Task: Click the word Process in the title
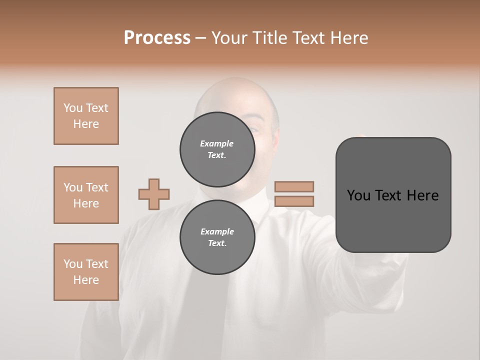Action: click(x=157, y=38)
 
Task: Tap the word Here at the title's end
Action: click(x=348, y=38)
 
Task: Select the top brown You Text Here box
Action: click(x=86, y=116)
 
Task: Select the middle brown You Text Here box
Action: click(x=86, y=195)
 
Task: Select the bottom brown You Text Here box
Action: click(x=86, y=272)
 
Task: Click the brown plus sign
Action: click(x=154, y=194)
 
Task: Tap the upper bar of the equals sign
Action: click(x=294, y=186)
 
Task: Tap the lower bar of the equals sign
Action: click(x=294, y=201)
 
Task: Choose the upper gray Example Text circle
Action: click(x=217, y=149)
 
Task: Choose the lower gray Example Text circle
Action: click(x=217, y=237)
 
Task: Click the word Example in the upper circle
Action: click(x=216, y=143)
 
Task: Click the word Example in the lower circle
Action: click(x=217, y=231)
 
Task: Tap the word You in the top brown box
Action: click(x=73, y=108)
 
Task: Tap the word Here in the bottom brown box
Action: click(x=86, y=280)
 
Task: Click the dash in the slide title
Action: click(x=200, y=38)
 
